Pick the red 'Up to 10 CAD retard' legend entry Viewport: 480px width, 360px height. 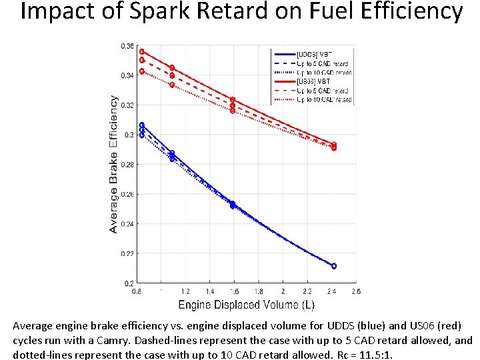tap(324, 100)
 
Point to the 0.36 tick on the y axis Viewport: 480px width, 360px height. tap(127, 46)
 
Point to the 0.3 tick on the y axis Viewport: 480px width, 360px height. tap(129, 135)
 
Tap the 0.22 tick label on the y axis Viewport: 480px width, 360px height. tap(127, 253)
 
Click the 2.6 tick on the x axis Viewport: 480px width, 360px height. tap(355, 291)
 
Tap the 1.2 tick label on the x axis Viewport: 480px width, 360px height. tap(185, 291)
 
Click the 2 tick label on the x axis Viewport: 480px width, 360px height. tap(283, 291)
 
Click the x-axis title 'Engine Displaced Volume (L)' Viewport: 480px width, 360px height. tap(246, 305)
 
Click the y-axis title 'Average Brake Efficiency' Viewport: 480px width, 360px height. tap(114, 164)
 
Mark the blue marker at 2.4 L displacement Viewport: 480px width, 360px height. tap(333, 266)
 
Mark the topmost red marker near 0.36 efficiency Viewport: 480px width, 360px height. tap(142, 51)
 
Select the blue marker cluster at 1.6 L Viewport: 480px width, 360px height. tap(233, 205)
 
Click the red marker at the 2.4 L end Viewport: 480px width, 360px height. tap(333, 146)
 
